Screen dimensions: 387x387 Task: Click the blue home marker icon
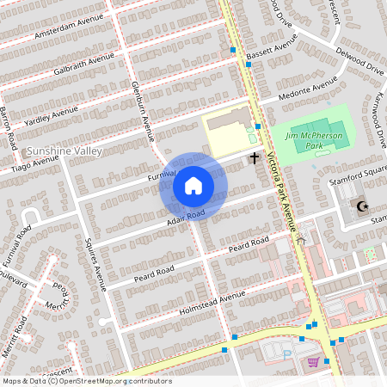click(193, 185)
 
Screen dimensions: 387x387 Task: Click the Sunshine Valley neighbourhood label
click(65, 151)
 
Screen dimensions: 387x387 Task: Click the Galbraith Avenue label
click(83, 65)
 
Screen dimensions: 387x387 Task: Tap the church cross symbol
click(255, 157)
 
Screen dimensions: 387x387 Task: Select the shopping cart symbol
click(314, 362)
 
